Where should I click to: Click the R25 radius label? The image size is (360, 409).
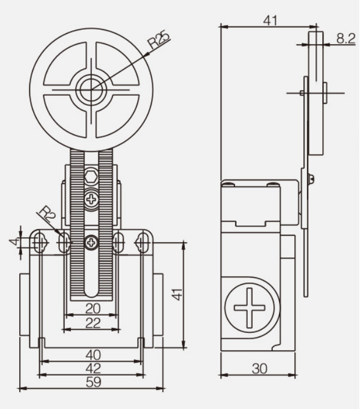[x=159, y=40]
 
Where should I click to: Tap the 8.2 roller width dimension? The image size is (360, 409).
[x=346, y=38]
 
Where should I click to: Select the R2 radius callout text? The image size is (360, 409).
[x=48, y=214]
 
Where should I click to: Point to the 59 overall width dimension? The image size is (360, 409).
[x=93, y=382]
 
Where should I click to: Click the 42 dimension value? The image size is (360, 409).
[x=93, y=368]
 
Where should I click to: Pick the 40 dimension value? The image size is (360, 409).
[x=93, y=355]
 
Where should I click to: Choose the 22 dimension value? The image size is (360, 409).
[x=93, y=323]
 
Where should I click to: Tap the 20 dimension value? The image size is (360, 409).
[x=93, y=308]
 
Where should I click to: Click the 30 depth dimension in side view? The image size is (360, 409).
[x=259, y=368]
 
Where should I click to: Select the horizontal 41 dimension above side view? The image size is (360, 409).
[x=270, y=20]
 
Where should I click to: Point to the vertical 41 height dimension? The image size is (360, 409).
[x=179, y=295]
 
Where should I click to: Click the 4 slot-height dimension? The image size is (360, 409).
[x=15, y=241]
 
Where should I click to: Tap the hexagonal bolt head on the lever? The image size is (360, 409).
[x=91, y=177]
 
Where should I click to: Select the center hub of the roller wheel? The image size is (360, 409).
[x=91, y=89]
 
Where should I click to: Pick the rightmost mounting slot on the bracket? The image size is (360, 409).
[x=142, y=243]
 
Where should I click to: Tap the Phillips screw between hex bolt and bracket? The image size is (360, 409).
[x=91, y=199]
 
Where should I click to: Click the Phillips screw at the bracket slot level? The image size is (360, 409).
[x=91, y=243]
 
